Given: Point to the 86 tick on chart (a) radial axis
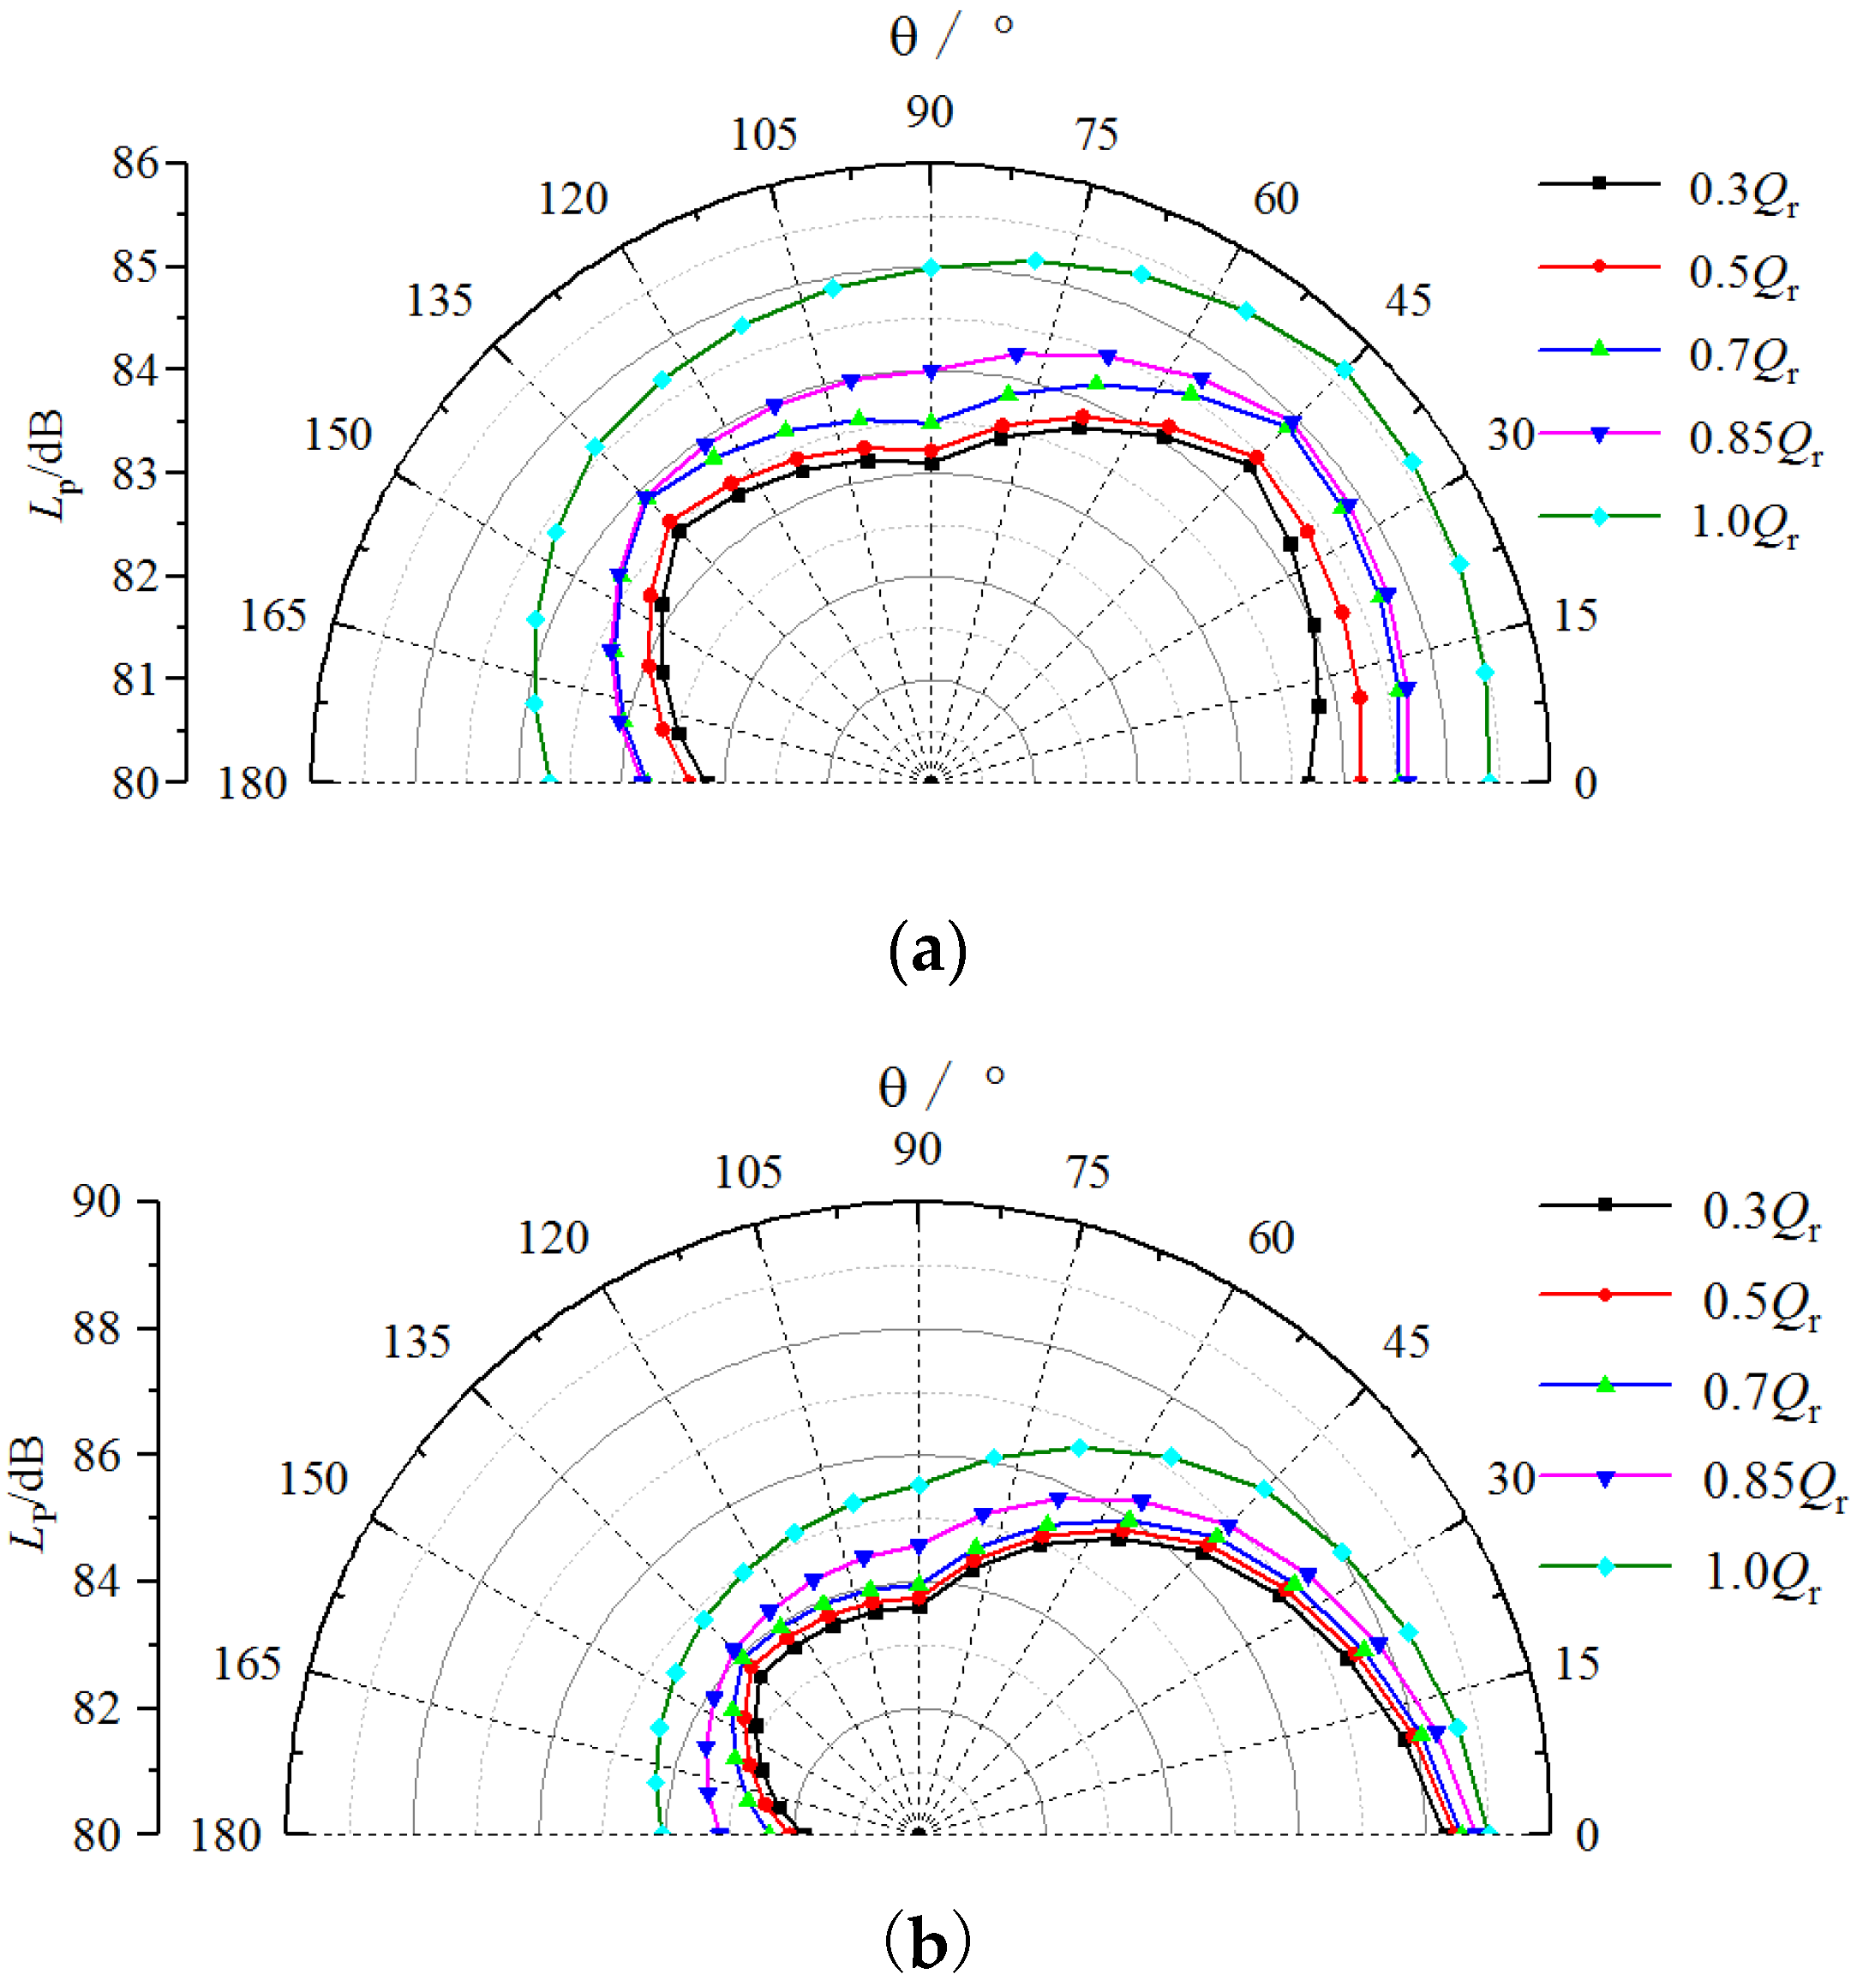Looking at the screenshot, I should click(135, 164).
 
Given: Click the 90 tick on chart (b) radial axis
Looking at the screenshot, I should click(97, 1202).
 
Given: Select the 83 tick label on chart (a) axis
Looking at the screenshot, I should click(135, 473).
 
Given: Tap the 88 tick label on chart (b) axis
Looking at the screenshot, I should click(97, 1329).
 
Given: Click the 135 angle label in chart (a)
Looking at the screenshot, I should click(439, 301).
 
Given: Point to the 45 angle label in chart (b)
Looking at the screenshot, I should click(1405, 1343).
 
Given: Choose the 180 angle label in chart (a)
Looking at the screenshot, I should click(252, 784).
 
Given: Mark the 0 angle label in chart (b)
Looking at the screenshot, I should click(1587, 1834).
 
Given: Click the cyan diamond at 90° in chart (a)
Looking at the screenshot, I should click(931, 267).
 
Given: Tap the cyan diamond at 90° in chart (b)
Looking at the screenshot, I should click(920, 1485).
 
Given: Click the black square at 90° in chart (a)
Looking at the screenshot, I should click(931, 464).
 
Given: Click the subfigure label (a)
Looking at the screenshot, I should click(926, 952).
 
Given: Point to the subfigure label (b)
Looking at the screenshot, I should click(926, 1942).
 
